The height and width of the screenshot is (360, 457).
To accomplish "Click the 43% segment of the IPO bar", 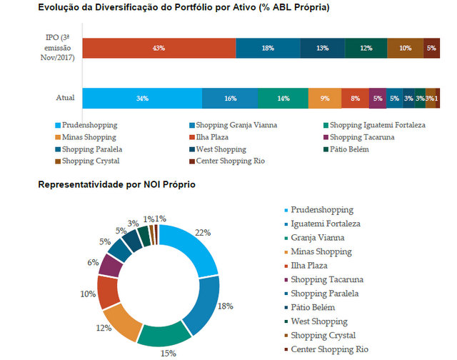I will click(x=159, y=48).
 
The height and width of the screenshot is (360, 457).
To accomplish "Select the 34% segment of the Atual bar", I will click(x=142, y=98).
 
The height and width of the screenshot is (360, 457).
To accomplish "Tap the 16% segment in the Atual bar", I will click(x=230, y=98).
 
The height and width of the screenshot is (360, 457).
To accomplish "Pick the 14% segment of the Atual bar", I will click(x=283, y=98).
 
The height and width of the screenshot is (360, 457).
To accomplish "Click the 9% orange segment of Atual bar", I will click(x=324, y=98).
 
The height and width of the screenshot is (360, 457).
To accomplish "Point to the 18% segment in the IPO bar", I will click(x=268, y=48).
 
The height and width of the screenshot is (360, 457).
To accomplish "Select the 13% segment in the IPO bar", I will click(x=322, y=48).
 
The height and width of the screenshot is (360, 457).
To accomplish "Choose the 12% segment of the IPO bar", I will click(x=366, y=48).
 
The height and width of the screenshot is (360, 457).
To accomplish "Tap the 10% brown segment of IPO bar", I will click(x=405, y=48).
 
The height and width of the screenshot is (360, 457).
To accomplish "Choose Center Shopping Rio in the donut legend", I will click(x=330, y=349).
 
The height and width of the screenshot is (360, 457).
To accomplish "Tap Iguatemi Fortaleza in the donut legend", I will click(x=325, y=224).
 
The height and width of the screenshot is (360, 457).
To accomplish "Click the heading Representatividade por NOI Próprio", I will click(x=116, y=185).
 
